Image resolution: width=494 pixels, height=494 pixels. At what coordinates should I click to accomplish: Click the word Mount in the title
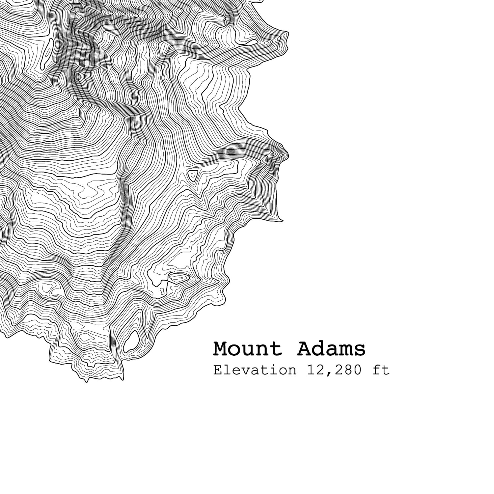pos(247,349)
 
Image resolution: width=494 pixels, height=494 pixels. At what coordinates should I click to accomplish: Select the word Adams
pos(331,349)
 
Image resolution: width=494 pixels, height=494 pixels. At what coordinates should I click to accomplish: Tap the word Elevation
pos(255,370)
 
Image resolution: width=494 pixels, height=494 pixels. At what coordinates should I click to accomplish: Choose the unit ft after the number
pos(381,370)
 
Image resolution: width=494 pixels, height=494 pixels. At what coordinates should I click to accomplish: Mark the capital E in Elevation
pos(217,370)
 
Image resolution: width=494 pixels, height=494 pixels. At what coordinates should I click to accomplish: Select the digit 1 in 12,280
pos(311,370)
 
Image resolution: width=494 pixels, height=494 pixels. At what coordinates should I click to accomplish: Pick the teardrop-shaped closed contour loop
pos(131,341)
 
